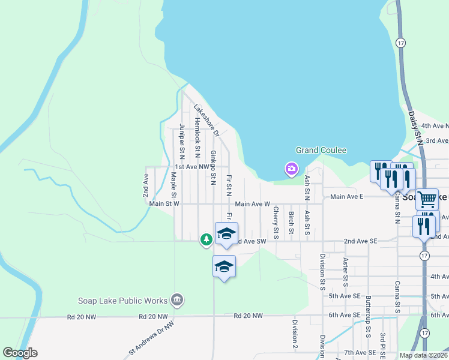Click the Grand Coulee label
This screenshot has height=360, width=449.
click(321, 150)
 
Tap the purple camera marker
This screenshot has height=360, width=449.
click(292, 169)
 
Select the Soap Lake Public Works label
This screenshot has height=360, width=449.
click(123, 301)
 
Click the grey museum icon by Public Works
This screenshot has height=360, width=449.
click(176, 299)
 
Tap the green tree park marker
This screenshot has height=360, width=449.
click(206, 240)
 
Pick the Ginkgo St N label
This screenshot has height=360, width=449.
click(213, 167)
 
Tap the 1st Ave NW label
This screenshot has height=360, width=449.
click(191, 167)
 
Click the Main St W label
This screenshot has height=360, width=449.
click(164, 204)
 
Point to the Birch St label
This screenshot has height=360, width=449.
click(291, 222)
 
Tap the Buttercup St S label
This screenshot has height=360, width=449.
click(368, 315)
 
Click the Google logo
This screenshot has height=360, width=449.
click(20, 353)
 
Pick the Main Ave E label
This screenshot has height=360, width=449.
click(346, 196)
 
